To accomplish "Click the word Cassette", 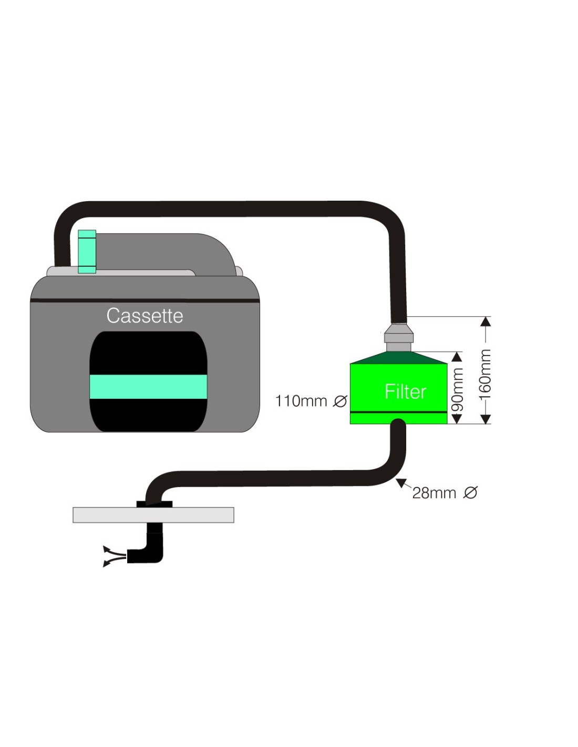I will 145,316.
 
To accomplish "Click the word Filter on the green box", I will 405,391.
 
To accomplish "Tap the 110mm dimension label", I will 301,401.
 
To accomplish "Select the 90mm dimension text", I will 458,389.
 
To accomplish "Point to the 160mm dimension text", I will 486,374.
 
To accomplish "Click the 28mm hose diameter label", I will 434,493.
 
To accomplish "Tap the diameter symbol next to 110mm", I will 340,401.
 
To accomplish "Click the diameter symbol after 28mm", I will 470,493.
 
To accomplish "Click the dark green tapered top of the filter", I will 399,358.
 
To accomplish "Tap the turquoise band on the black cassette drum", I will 148,387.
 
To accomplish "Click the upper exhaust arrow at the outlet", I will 107,549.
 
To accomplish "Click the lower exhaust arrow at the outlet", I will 107,564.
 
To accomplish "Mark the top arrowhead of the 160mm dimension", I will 486,321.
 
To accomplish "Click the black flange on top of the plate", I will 154,504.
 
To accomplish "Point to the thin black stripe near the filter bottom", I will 398,412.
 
